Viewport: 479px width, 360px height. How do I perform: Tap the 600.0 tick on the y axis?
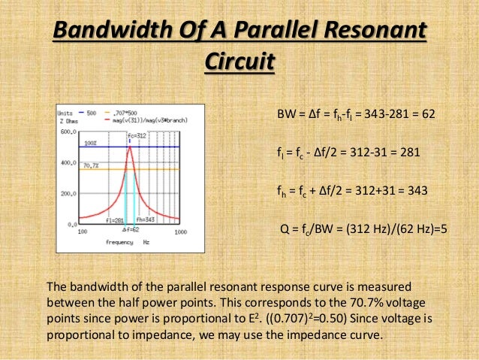[68, 132]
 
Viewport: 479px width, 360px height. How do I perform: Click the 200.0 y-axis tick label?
[68, 193]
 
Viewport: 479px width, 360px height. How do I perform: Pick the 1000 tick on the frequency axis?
[179, 232]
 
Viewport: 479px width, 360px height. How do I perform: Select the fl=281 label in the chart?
[115, 219]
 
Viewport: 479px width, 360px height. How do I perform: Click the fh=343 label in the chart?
[148, 219]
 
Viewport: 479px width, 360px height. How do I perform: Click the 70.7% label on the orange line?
[91, 165]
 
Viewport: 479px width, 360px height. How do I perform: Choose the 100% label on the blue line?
[90, 142]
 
